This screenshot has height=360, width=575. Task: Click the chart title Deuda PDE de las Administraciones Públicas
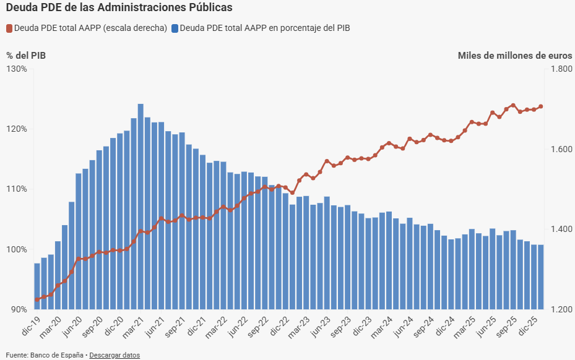[119, 8]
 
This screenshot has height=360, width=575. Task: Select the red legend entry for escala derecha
[87, 28]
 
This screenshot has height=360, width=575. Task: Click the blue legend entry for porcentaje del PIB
[261, 28]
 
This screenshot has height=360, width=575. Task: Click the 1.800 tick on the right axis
[560, 69]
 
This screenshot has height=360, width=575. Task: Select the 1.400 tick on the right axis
[560, 229]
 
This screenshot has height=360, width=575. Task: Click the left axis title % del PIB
[26, 55]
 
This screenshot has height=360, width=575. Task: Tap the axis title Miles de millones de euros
[514, 55]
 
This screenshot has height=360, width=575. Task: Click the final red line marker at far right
[540, 106]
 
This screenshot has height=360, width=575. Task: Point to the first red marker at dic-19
[37, 299]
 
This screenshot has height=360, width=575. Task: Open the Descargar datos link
[115, 355]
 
